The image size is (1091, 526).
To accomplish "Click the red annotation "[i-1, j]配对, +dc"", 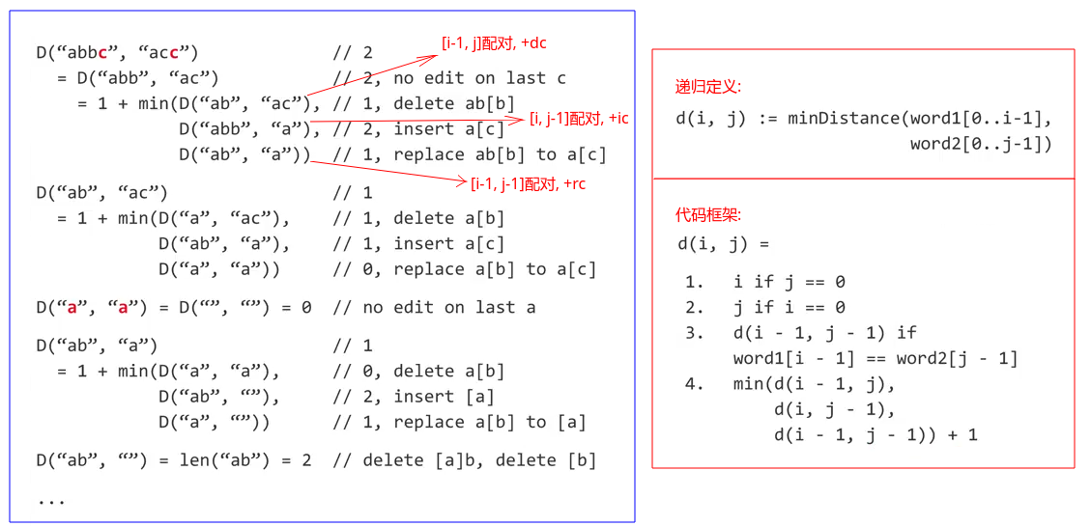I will (x=494, y=43).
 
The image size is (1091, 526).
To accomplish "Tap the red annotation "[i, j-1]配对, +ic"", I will (x=579, y=118).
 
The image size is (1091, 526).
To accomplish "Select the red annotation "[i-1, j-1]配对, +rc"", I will (x=527, y=184).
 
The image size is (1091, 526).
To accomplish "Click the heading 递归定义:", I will (x=707, y=87).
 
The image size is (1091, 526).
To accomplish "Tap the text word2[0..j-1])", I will (x=980, y=144).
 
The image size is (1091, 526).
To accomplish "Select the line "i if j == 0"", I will (x=790, y=282).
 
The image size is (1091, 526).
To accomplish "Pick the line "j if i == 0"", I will (x=790, y=308).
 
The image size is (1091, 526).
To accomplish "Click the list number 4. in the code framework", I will (x=695, y=384).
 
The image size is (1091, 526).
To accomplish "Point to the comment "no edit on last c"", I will (x=479, y=78).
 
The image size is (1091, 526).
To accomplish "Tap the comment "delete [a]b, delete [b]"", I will (x=464, y=460).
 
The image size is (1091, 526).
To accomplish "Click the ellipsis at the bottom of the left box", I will (x=50, y=500).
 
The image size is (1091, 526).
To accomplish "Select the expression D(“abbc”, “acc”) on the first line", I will (x=117, y=53).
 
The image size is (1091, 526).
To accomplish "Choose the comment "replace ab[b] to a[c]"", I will (x=500, y=154).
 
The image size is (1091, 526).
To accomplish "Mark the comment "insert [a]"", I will (x=444, y=397).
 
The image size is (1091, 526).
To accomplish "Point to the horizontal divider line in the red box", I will (x=863, y=179).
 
